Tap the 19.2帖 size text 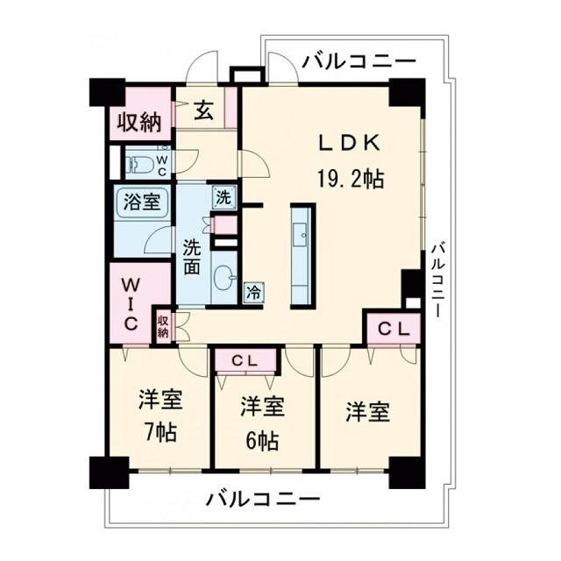pos(349,179)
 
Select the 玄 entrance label pos(203,110)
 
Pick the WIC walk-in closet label pos(131,303)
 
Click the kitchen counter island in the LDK pos(302,254)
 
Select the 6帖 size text pos(262,438)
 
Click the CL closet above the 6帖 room pos(245,359)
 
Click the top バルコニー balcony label pos(359,62)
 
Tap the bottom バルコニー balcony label pos(263,501)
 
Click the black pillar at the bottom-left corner pos(109,472)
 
